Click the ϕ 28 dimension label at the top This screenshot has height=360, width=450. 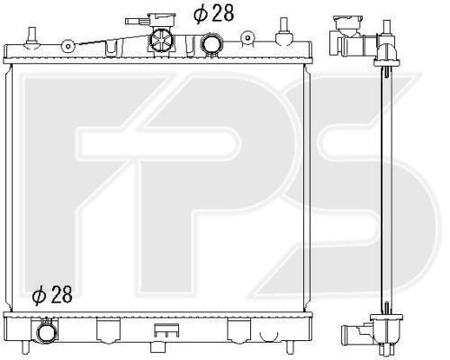tap(213, 13)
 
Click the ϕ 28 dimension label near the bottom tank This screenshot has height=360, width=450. tap(52, 294)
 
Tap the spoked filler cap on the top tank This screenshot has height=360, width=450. tap(161, 40)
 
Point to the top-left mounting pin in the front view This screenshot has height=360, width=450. tap(31, 38)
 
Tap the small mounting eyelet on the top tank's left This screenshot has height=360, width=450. tap(68, 46)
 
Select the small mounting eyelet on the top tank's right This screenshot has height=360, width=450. tap(247, 38)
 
